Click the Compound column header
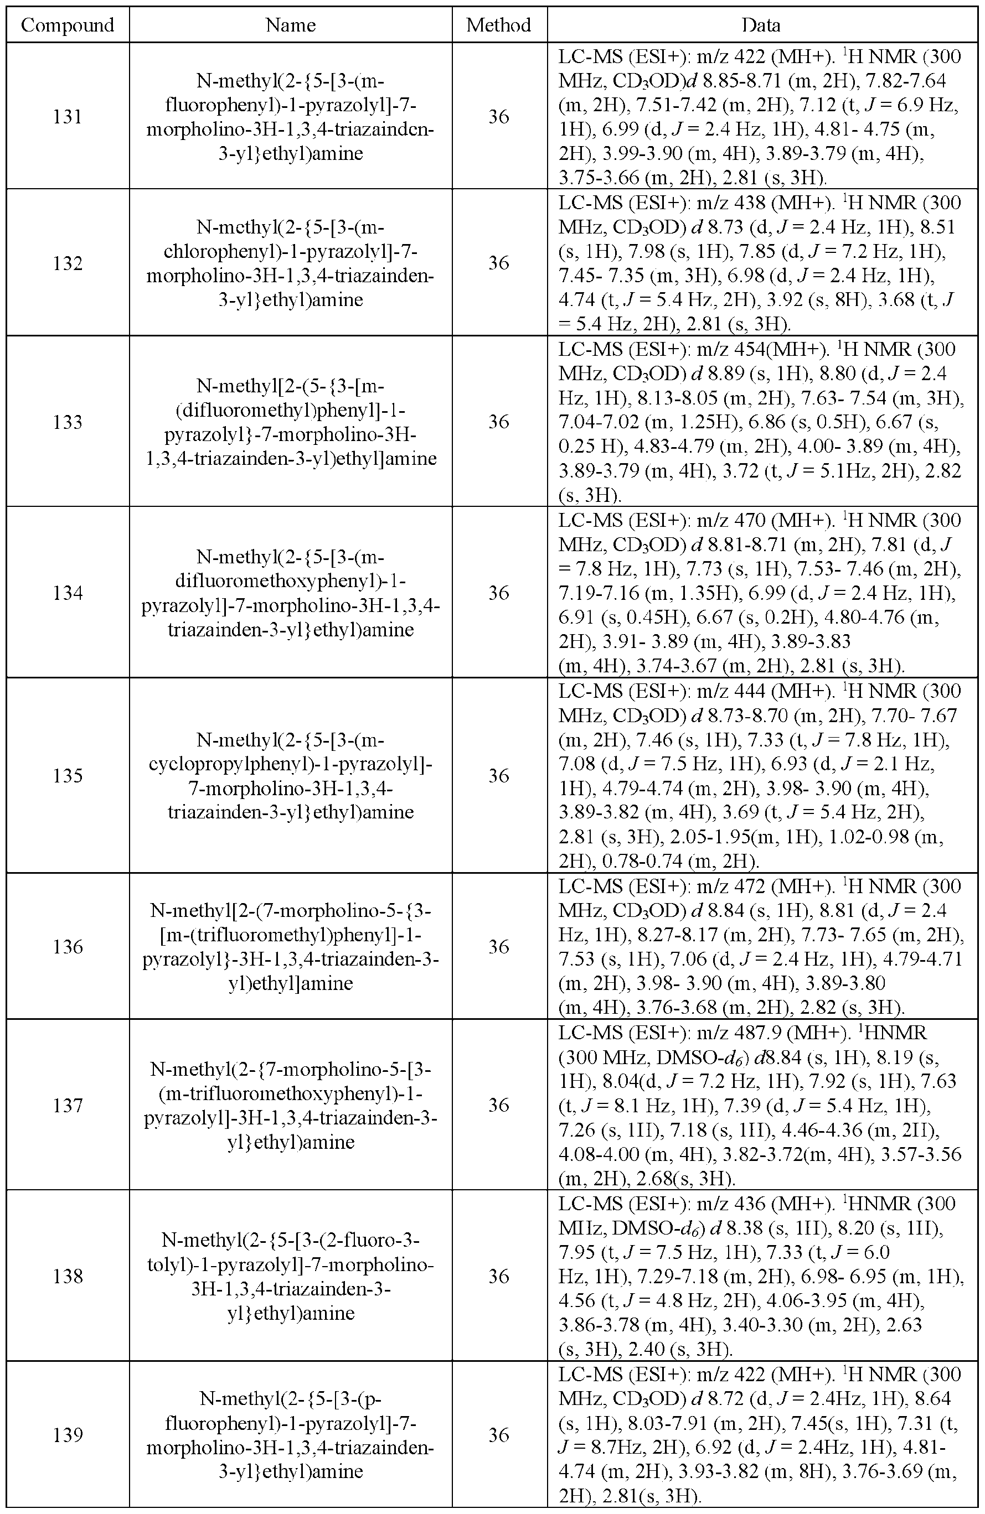[x=68, y=25]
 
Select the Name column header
[x=290, y=25]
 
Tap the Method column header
[x=498, y=25]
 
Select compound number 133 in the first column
[x=68, y=422]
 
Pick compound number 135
[x=68, y=775]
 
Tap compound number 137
[x=68, y=1105]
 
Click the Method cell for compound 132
[x=499, y=263]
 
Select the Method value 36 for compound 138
[x=499, y=1277]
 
